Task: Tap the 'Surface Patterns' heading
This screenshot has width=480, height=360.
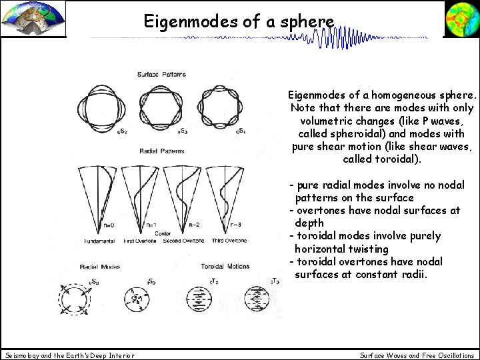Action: pos(161,73)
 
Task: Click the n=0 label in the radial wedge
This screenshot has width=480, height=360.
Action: pos(109,225)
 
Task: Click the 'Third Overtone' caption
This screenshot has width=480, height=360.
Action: pos(228,240)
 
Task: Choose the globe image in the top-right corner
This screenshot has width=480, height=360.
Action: pos(461,19)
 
